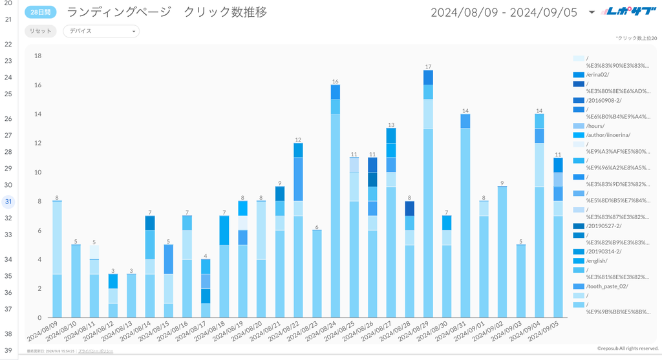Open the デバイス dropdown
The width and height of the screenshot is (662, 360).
pyautogui.click(x=101, y=31)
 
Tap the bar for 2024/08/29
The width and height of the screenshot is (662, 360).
pyautogui.click(x=428, y=194)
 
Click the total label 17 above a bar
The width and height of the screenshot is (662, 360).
pyautogui.click(x=428, y=67)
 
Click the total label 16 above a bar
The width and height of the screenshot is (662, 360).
pyautogui.click(x=335, y=81)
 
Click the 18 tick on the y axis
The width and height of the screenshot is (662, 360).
pyautogui.click(x=37, y=56)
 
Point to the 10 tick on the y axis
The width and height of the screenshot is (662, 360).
pyautogui.click(x=37, y=173)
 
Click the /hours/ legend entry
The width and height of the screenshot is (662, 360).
pyautogui.click(x=596, y=126)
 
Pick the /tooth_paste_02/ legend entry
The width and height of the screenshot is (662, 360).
pyautogui.click(x=606, y=286)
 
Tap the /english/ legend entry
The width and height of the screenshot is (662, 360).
pyautogui.click(x=597, y=260)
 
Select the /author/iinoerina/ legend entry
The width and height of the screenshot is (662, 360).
pyautogui.click(x=608, y=135)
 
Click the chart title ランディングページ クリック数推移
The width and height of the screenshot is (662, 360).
pyautogui.click(x=167, y=12)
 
